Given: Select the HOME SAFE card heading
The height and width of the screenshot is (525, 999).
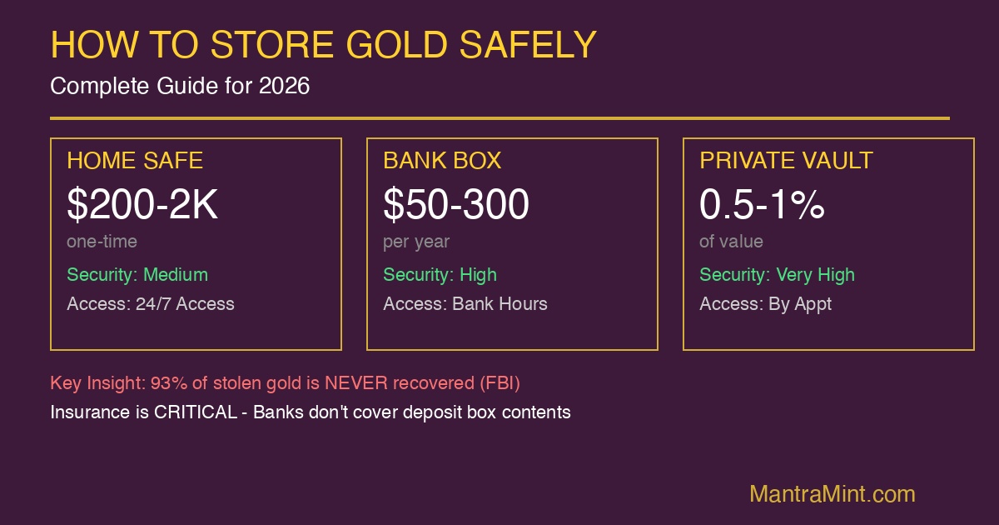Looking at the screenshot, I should click(x=135, y=160).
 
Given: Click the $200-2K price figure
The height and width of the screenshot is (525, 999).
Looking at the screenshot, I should click(x=142, y=205).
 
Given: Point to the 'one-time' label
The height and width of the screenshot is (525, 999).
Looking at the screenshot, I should click(x=102, y=242).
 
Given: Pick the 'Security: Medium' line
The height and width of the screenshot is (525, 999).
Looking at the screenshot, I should click(x=137, y=274).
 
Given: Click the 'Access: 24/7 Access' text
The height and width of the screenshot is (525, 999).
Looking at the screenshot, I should click(x=151, y=303).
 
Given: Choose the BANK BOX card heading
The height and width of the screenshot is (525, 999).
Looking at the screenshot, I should click(x=442, y=160).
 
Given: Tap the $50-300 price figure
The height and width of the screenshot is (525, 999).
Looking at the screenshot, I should click(x=456, y=205).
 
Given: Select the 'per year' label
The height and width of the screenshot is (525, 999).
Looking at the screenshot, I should click(x=416, y=242).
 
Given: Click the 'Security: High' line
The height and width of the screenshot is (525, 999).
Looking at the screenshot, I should click(x=440, y=274).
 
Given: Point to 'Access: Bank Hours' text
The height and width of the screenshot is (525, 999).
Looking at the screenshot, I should click(x=465, y=303).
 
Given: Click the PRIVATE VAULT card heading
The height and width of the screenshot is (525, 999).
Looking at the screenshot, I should click(x=786, y=160).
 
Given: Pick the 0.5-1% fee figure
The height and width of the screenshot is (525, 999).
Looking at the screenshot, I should click(x=762, y=205).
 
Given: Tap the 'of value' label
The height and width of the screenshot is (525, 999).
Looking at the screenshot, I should click(x=731, y=242).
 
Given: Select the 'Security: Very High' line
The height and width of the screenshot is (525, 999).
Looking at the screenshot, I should click(x=777, y=274).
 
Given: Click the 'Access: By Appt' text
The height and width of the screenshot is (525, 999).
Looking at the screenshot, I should click(x=765, y=303).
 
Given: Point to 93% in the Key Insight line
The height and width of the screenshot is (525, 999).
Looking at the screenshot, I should click(x=166, y=383).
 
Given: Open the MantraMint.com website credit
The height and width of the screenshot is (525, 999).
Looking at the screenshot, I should click(x=832, y=493).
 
